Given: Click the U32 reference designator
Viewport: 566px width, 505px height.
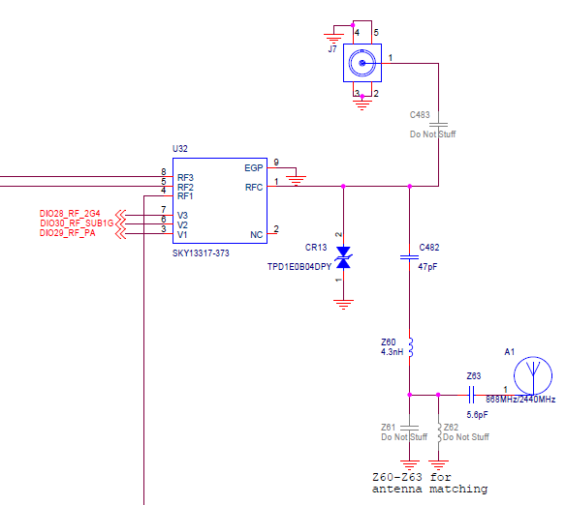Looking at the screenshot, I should pyautogui.click(x=179, y=148).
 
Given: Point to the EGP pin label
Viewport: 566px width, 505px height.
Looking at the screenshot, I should pyautogui.click(x=253, y=166).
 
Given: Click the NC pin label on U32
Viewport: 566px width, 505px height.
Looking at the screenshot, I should pyautogui.click(x=256, y=234).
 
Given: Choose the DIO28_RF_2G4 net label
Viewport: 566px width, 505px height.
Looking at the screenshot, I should pyautogui.click(x=69, y=213).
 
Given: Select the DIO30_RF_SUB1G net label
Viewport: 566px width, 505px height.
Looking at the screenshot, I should pyautogui.click(x=76, y=223).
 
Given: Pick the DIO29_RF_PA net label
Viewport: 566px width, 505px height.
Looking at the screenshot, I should pyautogui.click(x=67, y=234).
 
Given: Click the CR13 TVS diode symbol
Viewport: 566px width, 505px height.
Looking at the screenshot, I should pyautogui.click(x=342, y=256).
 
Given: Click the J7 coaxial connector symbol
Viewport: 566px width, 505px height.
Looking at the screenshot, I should pyautogui.click(x=363, y=65).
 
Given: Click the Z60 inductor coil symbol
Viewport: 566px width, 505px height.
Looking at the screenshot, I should pyautogui.click(x=410, y=346).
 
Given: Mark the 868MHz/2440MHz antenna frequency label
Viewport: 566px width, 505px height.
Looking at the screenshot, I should pyautogui.click(x=520, y=400).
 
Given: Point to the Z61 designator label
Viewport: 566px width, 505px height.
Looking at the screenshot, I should pyautogui.click(x=389, y=427).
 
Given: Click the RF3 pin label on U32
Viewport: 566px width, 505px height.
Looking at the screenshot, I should pyautogui.click(x=186, y=177).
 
